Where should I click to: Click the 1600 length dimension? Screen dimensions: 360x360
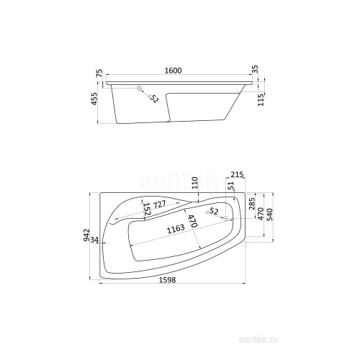point(174,71)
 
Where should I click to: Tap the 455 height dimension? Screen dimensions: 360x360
point(94,99)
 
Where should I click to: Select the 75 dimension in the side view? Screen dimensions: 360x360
point(99,73)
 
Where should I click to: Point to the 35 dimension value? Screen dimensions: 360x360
point(256,69)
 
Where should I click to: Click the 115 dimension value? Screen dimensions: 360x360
point(261,99)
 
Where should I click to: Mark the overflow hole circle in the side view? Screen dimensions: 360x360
point(140,89)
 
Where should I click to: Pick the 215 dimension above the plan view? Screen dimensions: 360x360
point(237,174)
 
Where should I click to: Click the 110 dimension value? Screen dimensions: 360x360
point(195,183)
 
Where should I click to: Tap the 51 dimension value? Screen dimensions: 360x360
point(230,186)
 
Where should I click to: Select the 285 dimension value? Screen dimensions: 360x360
point(252,204)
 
